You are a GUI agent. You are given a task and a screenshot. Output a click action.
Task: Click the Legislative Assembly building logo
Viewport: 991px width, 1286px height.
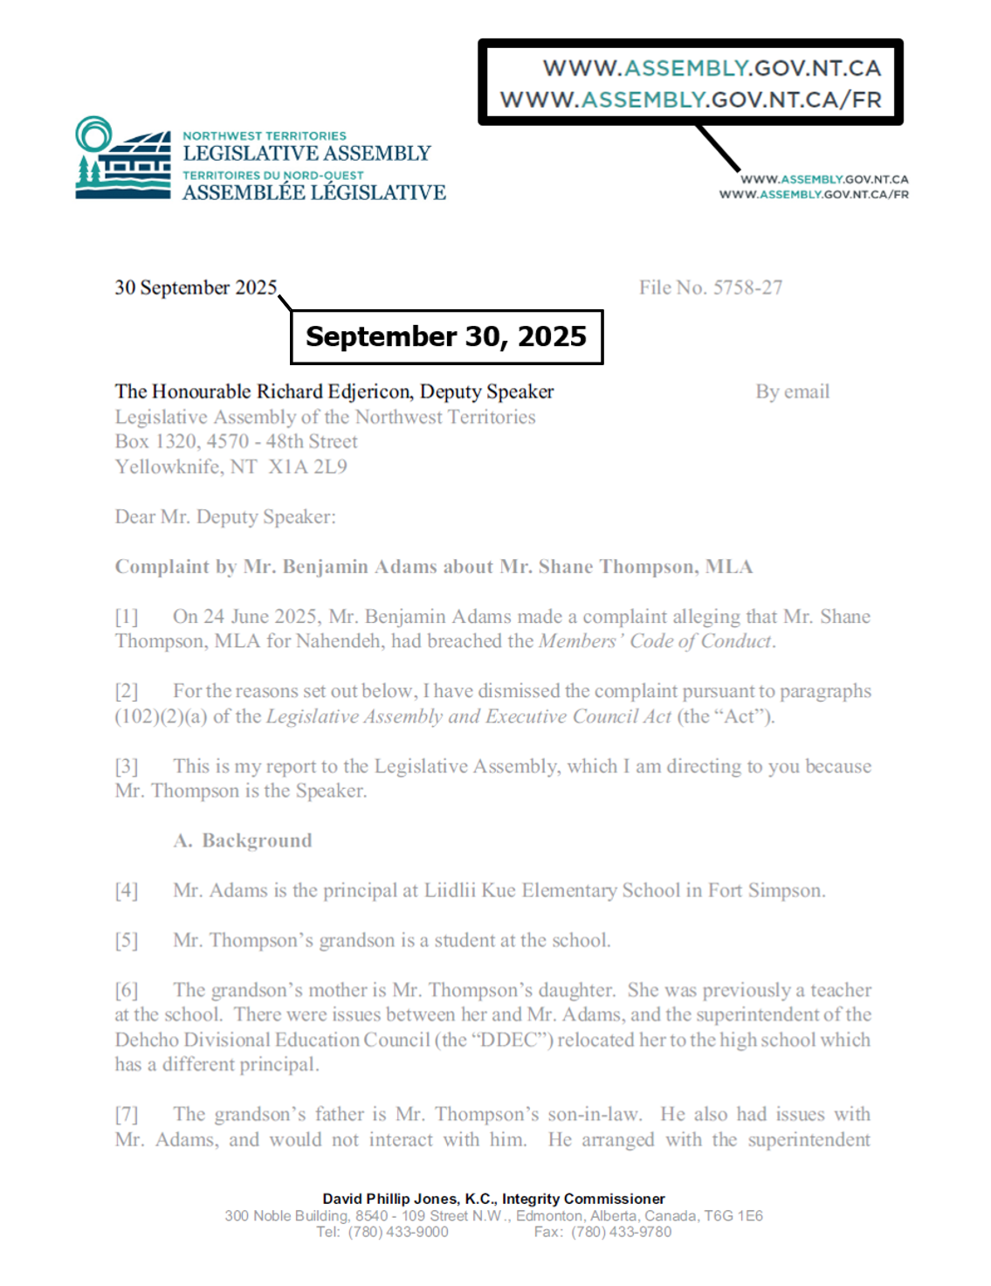click(122, 158)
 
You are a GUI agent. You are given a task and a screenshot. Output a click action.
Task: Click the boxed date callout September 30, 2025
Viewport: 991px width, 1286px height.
click(446, 336)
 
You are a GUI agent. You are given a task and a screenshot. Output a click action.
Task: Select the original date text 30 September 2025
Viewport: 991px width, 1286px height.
click(196, 287)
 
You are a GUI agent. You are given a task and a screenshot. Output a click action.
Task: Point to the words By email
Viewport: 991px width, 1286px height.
click(792, 391)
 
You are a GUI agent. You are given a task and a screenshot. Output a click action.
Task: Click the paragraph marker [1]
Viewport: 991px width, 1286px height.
click(127, 616)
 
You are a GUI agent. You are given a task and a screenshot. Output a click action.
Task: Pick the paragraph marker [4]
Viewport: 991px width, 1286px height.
click(127, 890)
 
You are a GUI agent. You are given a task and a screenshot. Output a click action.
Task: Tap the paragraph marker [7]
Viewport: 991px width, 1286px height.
click(127, 1114)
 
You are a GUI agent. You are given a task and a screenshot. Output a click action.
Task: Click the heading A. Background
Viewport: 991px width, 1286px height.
click(243, 840)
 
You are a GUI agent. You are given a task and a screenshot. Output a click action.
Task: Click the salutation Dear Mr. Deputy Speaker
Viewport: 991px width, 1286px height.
click(225, 516)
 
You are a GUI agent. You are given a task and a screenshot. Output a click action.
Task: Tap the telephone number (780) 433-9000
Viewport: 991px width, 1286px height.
click(398, 1232)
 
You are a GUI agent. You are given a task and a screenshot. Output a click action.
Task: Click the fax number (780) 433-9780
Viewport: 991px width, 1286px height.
click(622, 1232)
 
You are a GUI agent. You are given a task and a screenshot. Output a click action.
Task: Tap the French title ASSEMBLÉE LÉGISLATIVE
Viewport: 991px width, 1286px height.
click(314, 192)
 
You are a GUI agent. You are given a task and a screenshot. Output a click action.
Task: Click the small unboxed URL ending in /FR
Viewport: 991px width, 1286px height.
click(814, 194)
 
